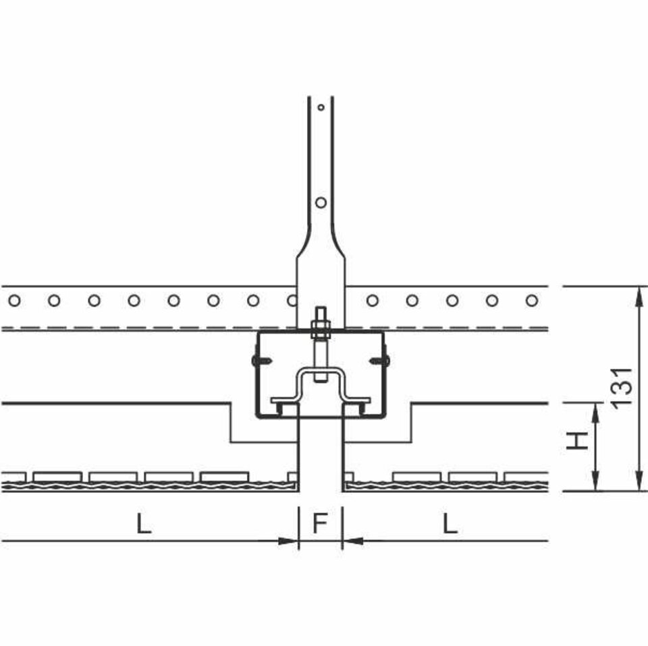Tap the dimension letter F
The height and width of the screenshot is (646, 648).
(x=320, y=523)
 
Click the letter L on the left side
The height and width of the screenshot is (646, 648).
(x=144, y=523)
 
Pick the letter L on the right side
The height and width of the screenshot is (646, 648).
(x=450, y=523)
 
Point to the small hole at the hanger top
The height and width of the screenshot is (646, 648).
(x=321, y=107)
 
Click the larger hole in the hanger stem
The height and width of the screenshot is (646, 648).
(x=321, y=202)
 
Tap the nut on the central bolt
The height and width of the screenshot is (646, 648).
(x=321, y=328)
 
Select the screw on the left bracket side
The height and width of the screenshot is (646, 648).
(x=261, y=361)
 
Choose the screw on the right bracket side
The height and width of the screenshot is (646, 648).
(x=380, y=361)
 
